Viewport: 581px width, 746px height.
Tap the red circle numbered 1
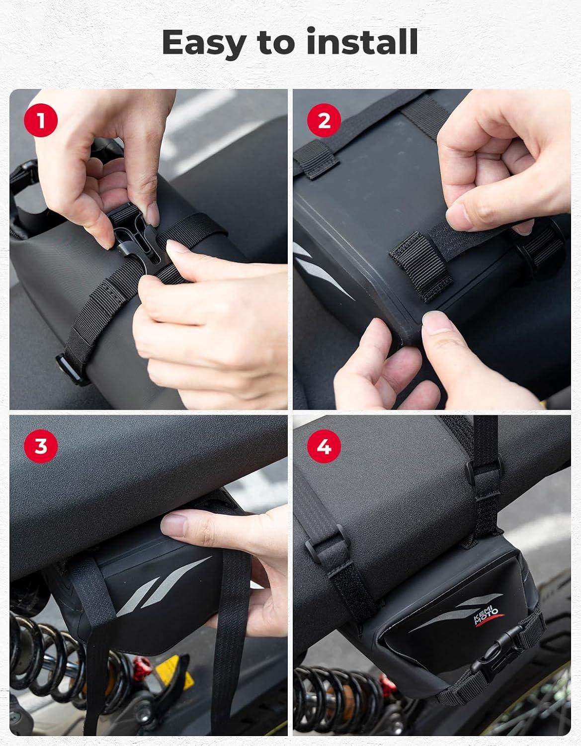point(41,120)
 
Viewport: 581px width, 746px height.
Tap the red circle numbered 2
point(324,120)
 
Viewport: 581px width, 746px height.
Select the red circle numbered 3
point(41,446)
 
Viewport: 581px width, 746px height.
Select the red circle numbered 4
point(324,446)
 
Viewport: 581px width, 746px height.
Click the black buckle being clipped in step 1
point(137,237)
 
